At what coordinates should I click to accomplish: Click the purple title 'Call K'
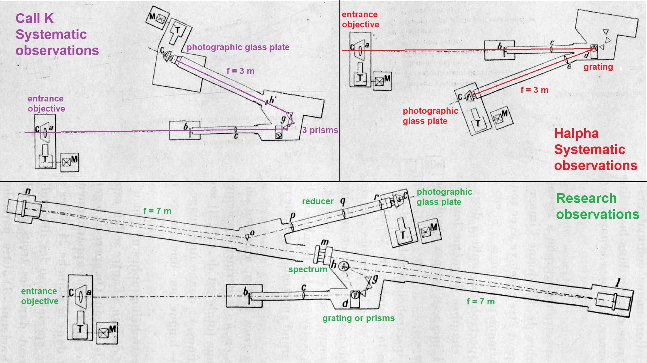click(35, 19)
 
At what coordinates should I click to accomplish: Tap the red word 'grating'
click(598, 67)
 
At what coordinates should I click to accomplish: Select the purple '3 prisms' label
click(320, 130)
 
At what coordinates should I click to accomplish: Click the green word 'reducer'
click(318, 202)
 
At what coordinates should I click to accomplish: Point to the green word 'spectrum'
click(308, 269)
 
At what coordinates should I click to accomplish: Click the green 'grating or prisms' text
click(358, 318)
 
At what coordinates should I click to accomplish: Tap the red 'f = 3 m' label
click(534, 90)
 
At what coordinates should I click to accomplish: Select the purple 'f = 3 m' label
click(240, 71)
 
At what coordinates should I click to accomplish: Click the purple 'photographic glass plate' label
click(238, 47)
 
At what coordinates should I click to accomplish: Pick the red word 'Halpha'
click(576, 134)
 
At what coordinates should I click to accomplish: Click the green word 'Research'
click(586, 199)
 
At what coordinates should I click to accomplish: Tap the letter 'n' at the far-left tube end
click(28, 191)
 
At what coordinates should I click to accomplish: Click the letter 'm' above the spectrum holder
click(324, 242)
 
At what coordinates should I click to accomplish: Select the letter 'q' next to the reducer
click(343, 201)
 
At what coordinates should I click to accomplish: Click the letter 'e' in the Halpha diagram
click(569, 66)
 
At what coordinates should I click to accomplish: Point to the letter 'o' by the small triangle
click(252, 233)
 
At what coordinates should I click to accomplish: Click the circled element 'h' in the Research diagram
click(343, 266)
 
